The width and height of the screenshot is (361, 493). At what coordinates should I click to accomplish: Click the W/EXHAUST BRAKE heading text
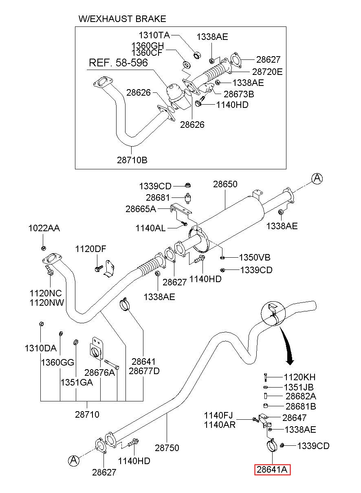tap(122, 19)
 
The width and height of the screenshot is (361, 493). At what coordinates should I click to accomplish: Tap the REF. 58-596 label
tap(118, 63)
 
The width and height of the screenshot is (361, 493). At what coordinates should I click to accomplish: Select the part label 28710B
tap(132, 160)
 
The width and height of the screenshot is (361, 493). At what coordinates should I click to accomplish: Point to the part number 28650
tap(225, 184)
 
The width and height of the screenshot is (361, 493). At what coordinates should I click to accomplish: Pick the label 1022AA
tap(44, 228)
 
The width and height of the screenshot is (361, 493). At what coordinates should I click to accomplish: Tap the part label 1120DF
tap(90, 249)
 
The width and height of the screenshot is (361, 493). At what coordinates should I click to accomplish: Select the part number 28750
tap(167, 448)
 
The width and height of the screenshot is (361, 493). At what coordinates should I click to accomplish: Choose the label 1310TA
tap(154, 35)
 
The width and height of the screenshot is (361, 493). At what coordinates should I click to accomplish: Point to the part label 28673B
tap(239, 94)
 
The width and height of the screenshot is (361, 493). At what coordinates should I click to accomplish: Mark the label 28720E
tap(267, 72)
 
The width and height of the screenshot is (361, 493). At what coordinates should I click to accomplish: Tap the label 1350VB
tap(255, 257)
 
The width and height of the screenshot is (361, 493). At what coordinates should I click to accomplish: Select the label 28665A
tap(141, 209)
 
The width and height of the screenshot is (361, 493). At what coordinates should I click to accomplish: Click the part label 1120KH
tap(299, 377)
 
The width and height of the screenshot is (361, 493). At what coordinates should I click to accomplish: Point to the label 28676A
tap(99, 372)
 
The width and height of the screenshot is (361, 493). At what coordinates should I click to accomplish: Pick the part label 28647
tap(294, 418)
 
